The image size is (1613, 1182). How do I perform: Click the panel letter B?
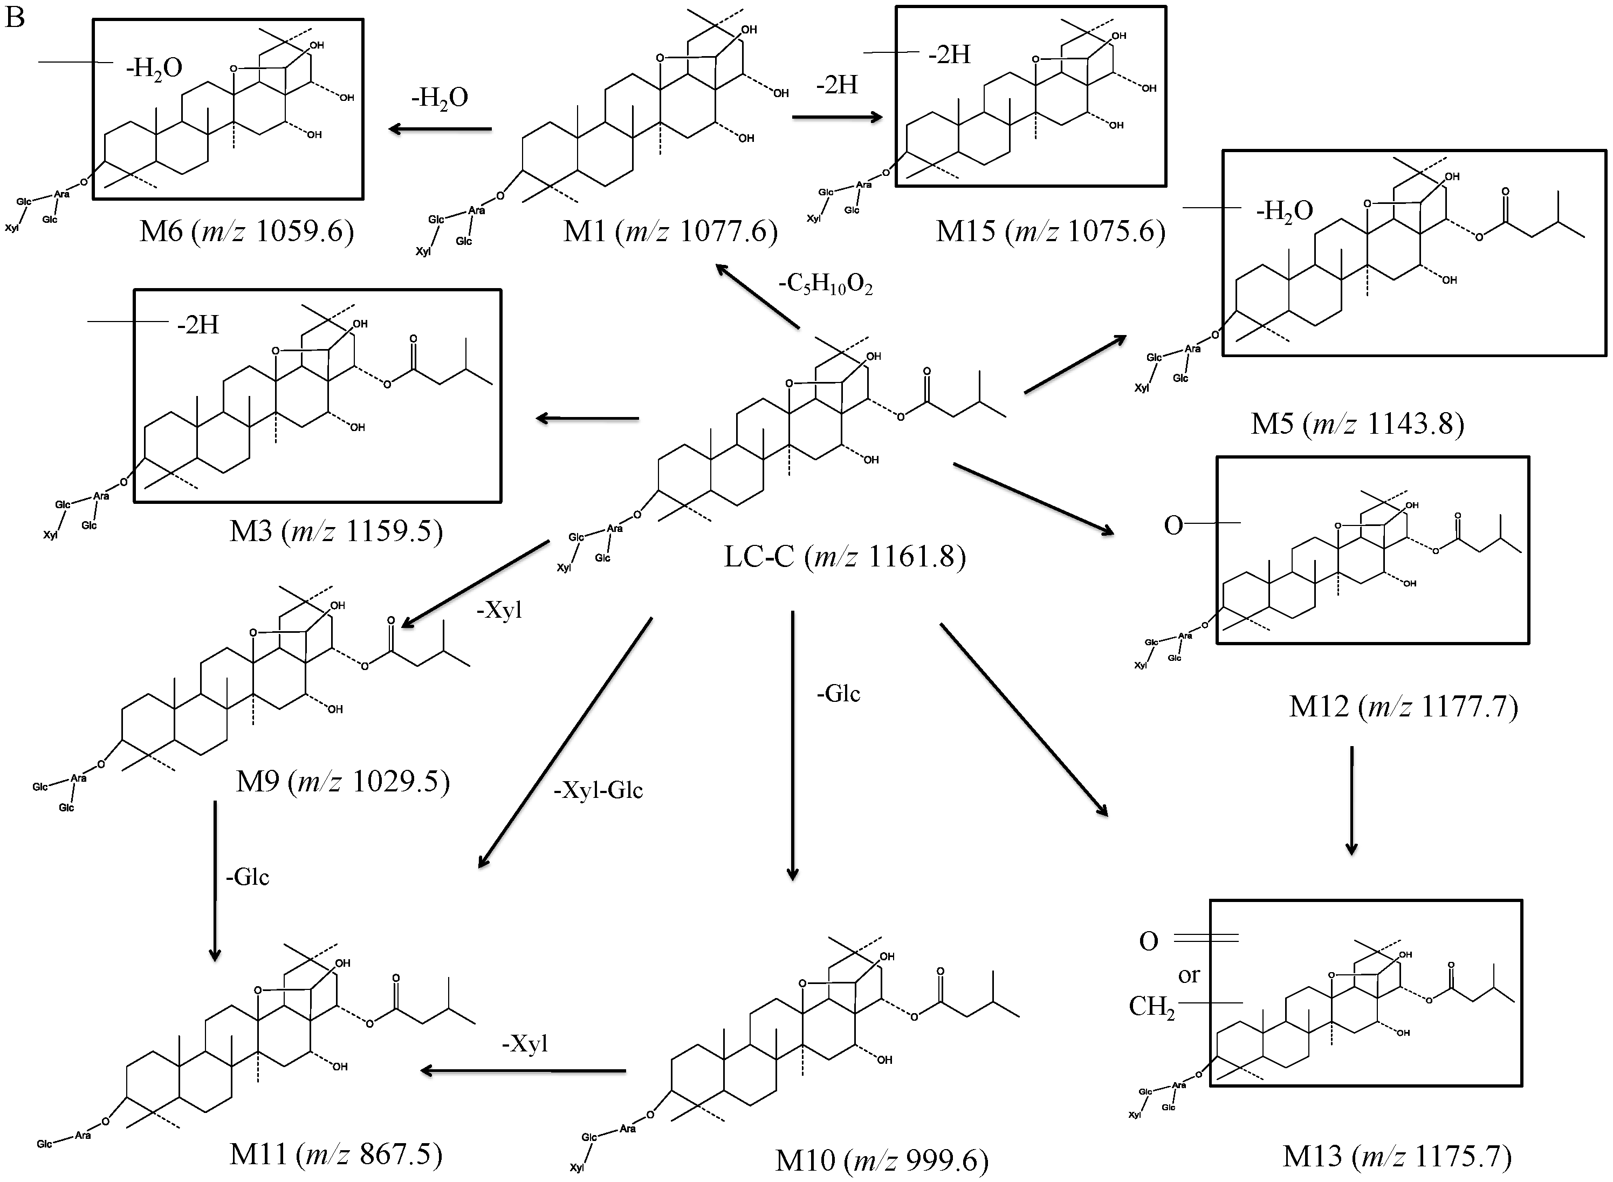(x=15, y=17)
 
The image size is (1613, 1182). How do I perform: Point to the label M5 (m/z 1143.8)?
(x=1357, y=423)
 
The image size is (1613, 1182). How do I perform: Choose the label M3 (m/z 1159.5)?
(x=336, y=531)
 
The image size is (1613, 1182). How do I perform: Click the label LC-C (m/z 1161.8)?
(x=845, y=556)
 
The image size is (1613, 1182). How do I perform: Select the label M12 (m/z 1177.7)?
(x=1403, y=706)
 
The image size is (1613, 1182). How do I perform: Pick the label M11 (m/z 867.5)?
(x=336, y=1153)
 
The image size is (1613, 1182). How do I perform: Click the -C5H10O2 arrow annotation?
(x=826, y=285)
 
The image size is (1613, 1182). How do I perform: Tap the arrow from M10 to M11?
(x=523, y=1071)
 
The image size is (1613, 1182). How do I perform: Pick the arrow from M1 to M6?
(x=440, y=129)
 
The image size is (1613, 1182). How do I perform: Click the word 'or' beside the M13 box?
(x=1188, y=975)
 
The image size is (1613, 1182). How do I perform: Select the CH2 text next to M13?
(x=1151, y=1007)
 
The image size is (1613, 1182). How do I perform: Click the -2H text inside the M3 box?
(x=198, y=325)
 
